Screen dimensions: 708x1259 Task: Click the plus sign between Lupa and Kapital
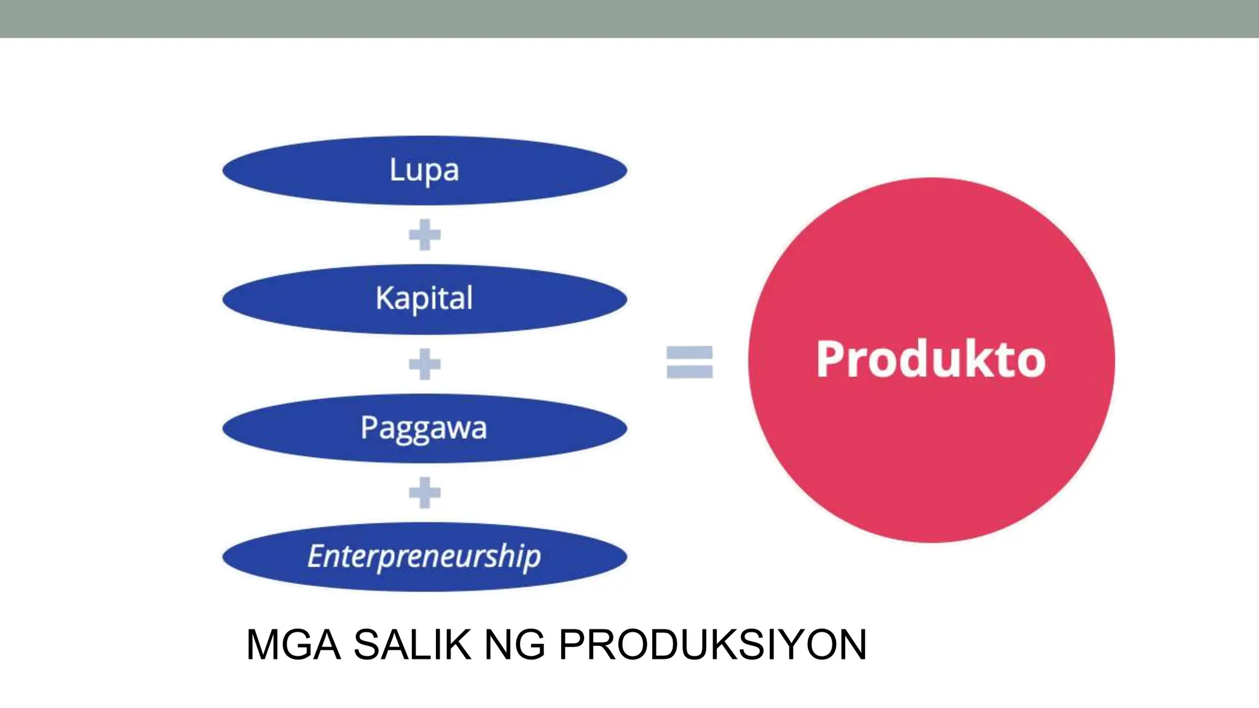tap(425, 235)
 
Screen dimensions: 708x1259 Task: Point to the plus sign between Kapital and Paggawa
tap(425, 364)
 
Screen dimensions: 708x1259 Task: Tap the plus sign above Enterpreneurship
tap(425, 492)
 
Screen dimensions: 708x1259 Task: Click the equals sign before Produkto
tap(690, 362)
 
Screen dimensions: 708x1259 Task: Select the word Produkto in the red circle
tap(931, 359)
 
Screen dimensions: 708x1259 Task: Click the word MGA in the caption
tap(293, 645)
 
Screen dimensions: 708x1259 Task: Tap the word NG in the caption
tap(515, 645)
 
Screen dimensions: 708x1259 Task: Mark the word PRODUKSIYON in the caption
tap(712, 645)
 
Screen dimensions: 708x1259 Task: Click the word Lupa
tap(424, 170)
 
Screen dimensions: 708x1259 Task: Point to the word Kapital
tap(424, 299)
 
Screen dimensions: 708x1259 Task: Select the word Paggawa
tap(424, 428)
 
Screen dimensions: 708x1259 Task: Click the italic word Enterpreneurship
tap(424, 556)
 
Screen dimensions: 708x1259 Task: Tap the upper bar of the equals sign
tap(690, 352)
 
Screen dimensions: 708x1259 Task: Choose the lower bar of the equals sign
tap(690, 371)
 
